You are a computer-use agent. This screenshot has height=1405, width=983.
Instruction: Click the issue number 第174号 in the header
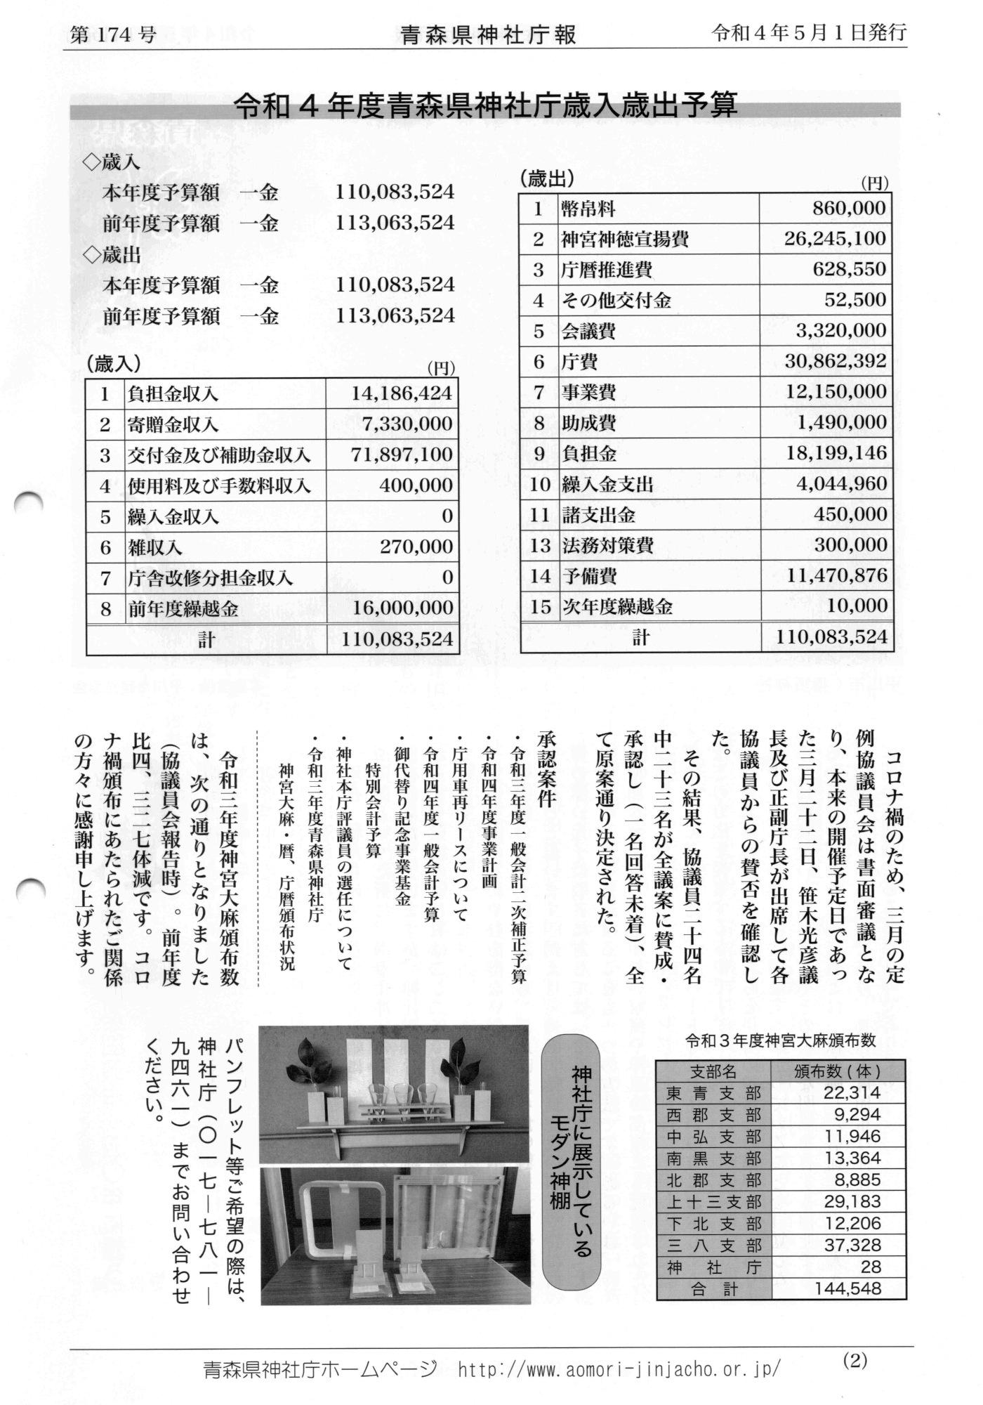click(112, 34)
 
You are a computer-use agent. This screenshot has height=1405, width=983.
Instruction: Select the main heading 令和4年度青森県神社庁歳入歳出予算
click(485, 105)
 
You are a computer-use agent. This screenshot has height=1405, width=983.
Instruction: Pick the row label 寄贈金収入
click(173, 424)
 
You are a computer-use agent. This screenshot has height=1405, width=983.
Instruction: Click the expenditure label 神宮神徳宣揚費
click(624, 240)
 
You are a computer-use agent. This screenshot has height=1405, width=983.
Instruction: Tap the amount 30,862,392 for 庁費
click(836, 361)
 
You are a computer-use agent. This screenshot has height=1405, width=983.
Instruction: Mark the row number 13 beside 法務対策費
click(539, 545)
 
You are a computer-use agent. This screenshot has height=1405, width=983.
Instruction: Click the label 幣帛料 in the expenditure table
click(588, 209)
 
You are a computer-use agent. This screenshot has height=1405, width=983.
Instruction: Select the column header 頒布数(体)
click(837, 1072)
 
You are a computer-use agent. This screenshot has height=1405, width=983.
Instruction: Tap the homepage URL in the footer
click(618, 1369)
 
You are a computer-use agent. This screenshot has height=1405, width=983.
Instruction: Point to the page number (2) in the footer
click(855, 1360)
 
